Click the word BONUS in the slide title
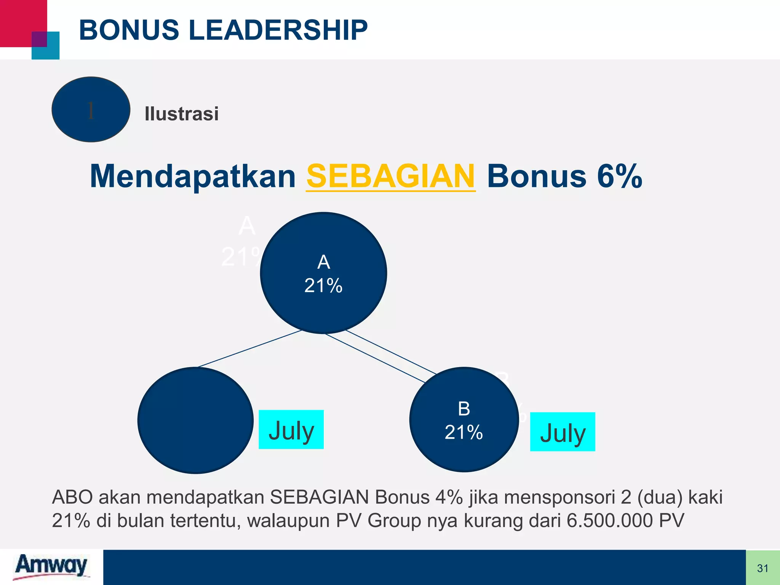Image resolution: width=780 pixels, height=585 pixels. pyautogui.click(x=129, y=30)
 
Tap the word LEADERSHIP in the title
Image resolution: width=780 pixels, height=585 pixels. pyautogui.click(x=278, y=30)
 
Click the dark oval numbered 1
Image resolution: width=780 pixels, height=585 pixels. pyautogui.click(x=91, y=110)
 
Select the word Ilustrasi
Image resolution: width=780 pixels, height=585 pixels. pyautogui.click(x=182, y=114)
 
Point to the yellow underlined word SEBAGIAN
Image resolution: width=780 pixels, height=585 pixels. pyautogui.click(x=391, y=176)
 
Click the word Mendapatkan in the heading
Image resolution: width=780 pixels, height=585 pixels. pyautogui.click(x=193, y=176)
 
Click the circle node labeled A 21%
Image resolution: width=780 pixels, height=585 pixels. pyautogui.click(x=323, y=273)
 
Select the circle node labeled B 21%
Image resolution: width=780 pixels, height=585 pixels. pyautogui.click(x=464, y=420)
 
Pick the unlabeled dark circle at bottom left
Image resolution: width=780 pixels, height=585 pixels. pyautogui.click(x=195, y=420)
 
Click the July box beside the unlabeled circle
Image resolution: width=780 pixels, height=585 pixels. pyautogui.click(x=291, y=430)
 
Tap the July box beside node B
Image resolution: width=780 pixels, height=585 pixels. pyautogui.click(x=563, y=432)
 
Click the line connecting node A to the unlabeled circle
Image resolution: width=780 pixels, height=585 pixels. pyautogui.click(x=249, y=348)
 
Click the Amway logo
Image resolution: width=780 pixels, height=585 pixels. pyautogui.click(x=51, y=566)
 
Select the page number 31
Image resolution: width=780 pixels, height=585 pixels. pyautogui.click(x=762, y=568)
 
